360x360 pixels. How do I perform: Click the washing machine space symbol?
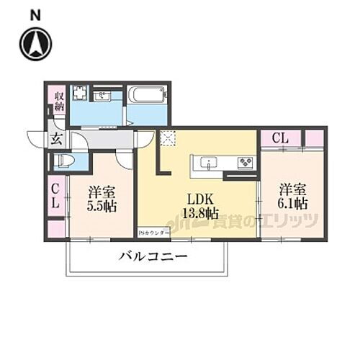tap(79, 94)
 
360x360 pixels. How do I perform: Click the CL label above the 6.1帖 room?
tap(281, 138)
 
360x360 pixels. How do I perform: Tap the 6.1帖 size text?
tap(294, 204)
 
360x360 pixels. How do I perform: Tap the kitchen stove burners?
tap(246, 161)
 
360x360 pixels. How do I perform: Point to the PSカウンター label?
tap(154, 233)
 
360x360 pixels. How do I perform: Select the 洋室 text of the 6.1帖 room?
tap(294, 189)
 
